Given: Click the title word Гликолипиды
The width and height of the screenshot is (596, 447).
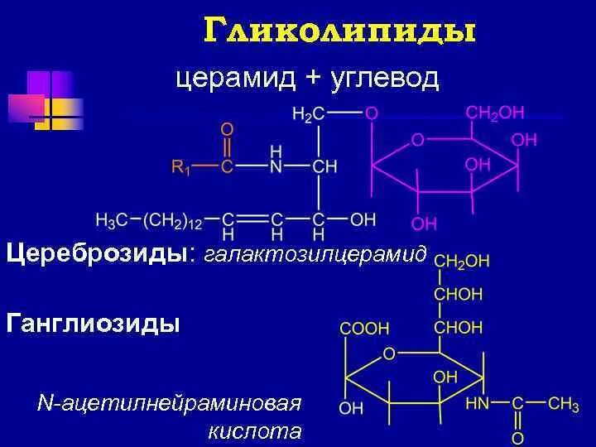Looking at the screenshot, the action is click(339, 32).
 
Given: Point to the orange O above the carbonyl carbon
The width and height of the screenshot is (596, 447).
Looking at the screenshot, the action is click(227, 130).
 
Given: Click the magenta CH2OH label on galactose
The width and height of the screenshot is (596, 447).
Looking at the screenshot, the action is click(495, 113).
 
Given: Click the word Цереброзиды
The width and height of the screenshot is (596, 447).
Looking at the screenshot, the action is click(98, 252).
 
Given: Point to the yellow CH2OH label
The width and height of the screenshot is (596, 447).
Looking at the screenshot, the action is click(462, 261).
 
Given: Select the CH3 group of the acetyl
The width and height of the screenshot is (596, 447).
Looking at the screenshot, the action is click(563, 404).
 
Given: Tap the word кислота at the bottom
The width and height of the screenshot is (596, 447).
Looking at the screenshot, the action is click(256, 431).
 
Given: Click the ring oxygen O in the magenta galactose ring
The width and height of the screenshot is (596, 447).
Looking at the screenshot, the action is click(417, 140).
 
